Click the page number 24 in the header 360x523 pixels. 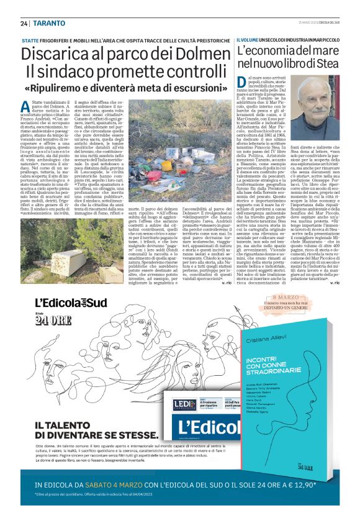[24, 24]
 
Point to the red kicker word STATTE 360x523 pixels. [29, 40]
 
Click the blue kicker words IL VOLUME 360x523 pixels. [250, 40]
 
